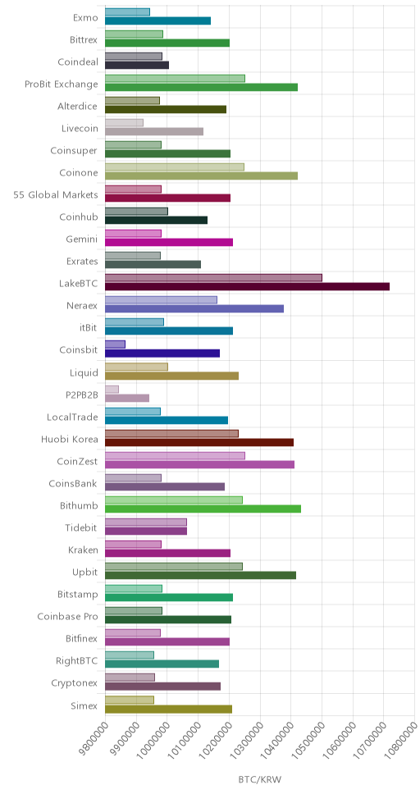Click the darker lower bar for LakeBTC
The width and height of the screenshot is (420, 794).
(x=247, y=286)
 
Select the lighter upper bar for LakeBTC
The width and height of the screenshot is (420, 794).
(x=214, y=277)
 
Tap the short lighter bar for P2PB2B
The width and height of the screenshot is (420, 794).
(x=112, y=389)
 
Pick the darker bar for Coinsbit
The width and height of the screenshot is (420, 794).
(x=162, y=354)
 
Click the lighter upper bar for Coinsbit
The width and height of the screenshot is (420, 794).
(x=115, y=345)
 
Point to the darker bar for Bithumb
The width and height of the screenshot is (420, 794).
(x=203, y=509)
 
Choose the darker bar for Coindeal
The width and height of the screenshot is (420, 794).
(x=137, y=65)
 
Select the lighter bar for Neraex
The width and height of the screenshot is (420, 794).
(x=161, y=299)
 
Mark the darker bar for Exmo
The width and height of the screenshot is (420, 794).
(x=158, y=21)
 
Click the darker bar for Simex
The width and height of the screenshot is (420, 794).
(x=169, y=709)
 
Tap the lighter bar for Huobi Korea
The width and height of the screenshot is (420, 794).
(x=171, y=433)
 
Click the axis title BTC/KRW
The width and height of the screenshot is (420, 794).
(x=259, y=778)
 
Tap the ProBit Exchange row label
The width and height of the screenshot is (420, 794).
(x=62, y=84)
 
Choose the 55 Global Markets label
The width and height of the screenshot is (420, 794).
(x=56, y=194)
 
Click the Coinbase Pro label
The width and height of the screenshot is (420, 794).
(x=67, y=616)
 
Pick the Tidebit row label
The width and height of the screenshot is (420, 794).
(x=81, y=527)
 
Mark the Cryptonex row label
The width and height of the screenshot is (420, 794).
(x=75, y=683)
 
